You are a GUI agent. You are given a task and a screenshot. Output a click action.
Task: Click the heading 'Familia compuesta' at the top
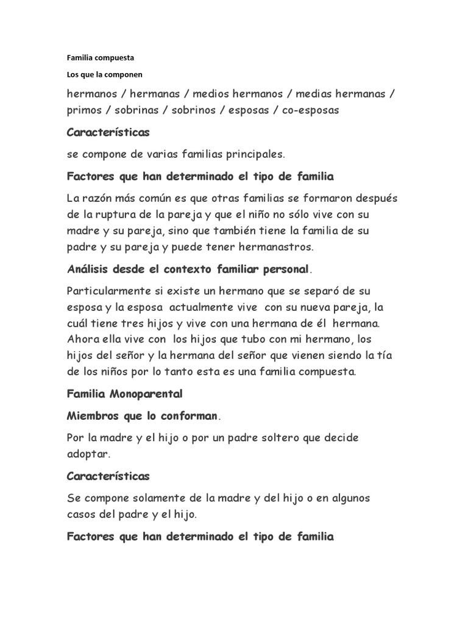[100, 58]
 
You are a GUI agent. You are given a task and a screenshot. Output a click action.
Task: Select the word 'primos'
[85, 110]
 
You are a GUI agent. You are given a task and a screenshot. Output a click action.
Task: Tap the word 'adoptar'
[88, 455]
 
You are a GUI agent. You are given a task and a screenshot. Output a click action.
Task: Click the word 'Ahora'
[82, 338]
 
